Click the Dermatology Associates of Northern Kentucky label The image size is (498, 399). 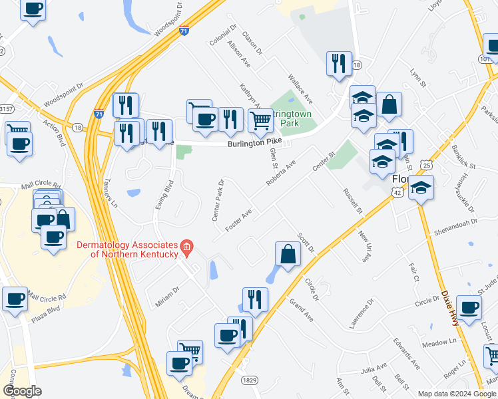coord(127,249)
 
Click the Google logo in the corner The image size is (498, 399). coord(22,391)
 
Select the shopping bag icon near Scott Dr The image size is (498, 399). coord(288,254)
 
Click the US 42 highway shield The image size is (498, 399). coord(397,192)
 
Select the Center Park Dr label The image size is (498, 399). coord(218,199)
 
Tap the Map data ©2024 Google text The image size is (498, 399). coord(457,394)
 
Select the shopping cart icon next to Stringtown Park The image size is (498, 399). coord(260,121)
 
